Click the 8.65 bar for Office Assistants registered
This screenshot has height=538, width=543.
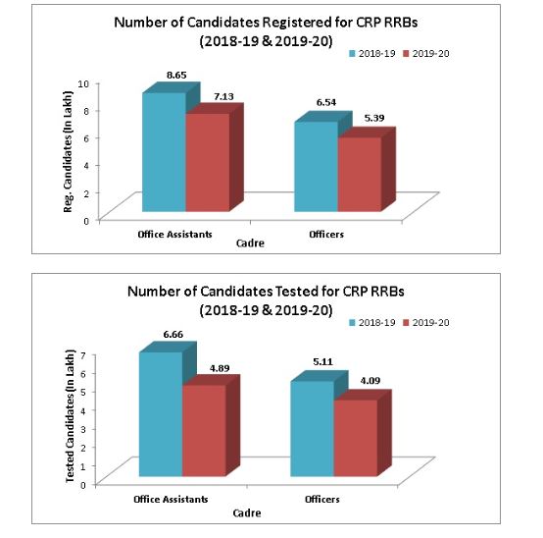[164, 152]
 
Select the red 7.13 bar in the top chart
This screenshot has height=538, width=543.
[207, 163]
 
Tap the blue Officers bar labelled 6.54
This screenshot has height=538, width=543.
[316, 167]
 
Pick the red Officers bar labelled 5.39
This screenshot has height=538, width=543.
[359, 175]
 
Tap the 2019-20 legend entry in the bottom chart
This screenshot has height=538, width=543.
[430, 322]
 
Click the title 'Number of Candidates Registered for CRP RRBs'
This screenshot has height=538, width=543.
[271, 23]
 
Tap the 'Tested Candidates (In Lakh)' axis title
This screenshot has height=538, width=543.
[69, 418]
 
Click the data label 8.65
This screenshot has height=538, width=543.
[177, 74]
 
